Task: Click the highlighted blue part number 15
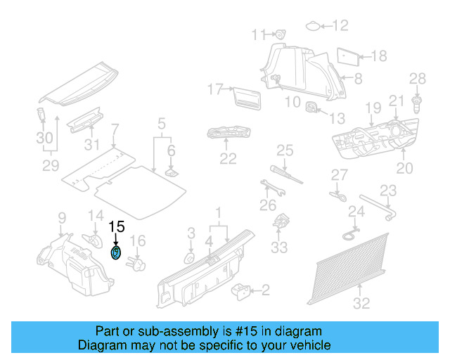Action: pyautogui.click(x=116, y=252)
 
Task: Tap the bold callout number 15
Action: pyautogui.click(x=116, y=227)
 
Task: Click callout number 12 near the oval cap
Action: pyautogui.click(x=340, y=26)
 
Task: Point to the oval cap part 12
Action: pyautogui.click(x=312, y=27)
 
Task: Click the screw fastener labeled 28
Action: pyautogui.click(x=416, y=105)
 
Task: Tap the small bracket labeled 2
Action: pyautogui.click(x=242, y=289)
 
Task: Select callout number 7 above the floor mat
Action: pyautogui.click(x=115, y=129)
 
